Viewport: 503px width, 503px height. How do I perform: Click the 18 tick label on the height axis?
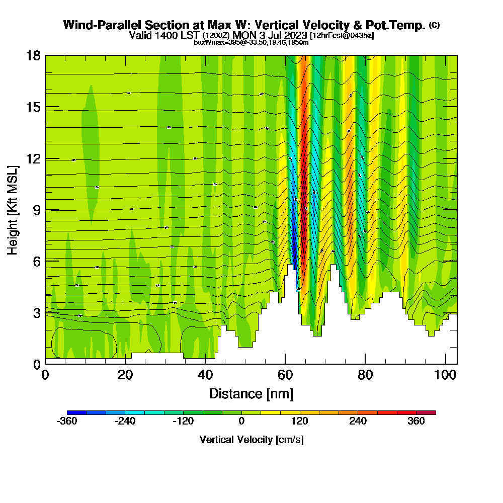(x=33, y=55)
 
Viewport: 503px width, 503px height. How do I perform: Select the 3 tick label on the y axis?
(x=36, y=312)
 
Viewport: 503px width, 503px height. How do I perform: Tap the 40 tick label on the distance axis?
(x=205, y=375)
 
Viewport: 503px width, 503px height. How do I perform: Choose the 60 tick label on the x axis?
(x=285, y=375)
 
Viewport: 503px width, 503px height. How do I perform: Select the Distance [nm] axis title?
(x=251, y=393)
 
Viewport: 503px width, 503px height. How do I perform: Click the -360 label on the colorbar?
(x=67, y=422)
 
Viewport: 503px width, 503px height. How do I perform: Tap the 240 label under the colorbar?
(x=358, y=422)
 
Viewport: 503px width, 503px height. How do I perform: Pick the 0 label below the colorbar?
(x=241, y=422)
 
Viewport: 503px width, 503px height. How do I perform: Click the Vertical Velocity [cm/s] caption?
(x=251, y=440)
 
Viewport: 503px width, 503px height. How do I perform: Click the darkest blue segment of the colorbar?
(x=76, y=412)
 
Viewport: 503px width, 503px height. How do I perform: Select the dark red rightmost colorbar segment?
(x=426, y=412)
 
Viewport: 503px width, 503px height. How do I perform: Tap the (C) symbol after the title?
(x=434, y=25)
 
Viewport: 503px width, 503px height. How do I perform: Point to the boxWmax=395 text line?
(x=251, y=42)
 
